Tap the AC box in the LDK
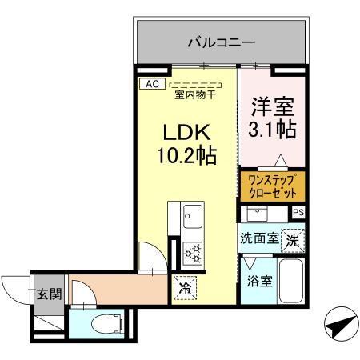click(x=150, y=83)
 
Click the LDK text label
click(x=189, y=131)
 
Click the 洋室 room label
click(x=273, y=105)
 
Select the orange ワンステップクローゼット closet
click(x=272, y=186)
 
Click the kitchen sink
click(x=193, y=216)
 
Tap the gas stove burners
click(x=193, y=253)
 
